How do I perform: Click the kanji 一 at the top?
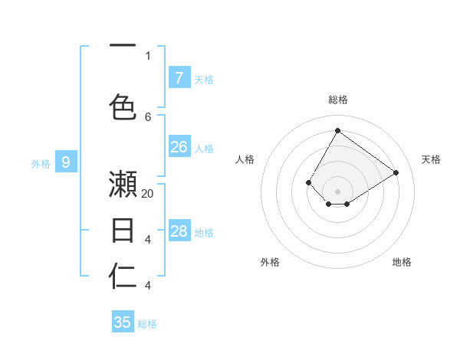pos(123,45)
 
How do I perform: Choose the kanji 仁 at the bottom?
pos(123,277)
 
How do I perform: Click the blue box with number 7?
pos(179,77)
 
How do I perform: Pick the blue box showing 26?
pos(179,147)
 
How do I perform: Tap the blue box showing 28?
pos(179,231)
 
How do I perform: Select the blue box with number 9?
pos(66,162)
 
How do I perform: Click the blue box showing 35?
pos(123,322)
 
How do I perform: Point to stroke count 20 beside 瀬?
pos(148,194)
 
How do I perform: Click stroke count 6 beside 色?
pos(148,116)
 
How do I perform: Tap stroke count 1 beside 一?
pos(148,55)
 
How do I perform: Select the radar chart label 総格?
pos(338,100)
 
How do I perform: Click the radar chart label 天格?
pos(431,159)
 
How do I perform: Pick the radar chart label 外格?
pos(270,262)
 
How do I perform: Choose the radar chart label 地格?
pos(402,262)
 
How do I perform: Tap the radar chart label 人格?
pos(245,159)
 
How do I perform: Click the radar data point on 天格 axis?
pos(396,172)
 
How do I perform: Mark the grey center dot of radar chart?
pos(337,191)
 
